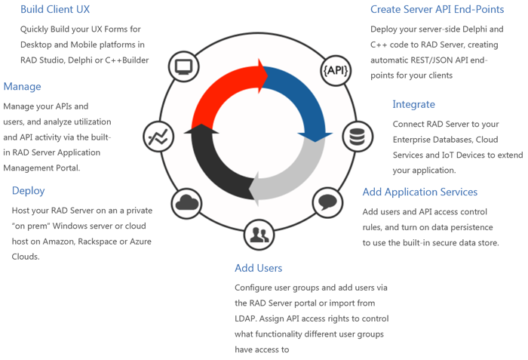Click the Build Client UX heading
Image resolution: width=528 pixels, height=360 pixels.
55,10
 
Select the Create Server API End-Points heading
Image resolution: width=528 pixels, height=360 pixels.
437,10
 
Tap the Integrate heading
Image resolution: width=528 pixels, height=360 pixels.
413,104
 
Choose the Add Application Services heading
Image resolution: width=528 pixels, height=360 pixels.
419,192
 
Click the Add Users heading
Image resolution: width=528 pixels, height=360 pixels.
258,268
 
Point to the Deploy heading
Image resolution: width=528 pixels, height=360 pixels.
28,190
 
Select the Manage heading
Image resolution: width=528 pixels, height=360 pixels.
22,86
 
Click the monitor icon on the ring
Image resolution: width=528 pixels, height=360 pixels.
183,66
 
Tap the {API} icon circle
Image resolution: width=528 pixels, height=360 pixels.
336,71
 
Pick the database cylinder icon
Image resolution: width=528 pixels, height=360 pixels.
357,137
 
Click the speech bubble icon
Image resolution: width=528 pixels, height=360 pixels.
327,202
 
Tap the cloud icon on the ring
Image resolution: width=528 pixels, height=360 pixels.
186,202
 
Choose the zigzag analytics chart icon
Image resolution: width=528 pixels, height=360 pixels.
158,137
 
